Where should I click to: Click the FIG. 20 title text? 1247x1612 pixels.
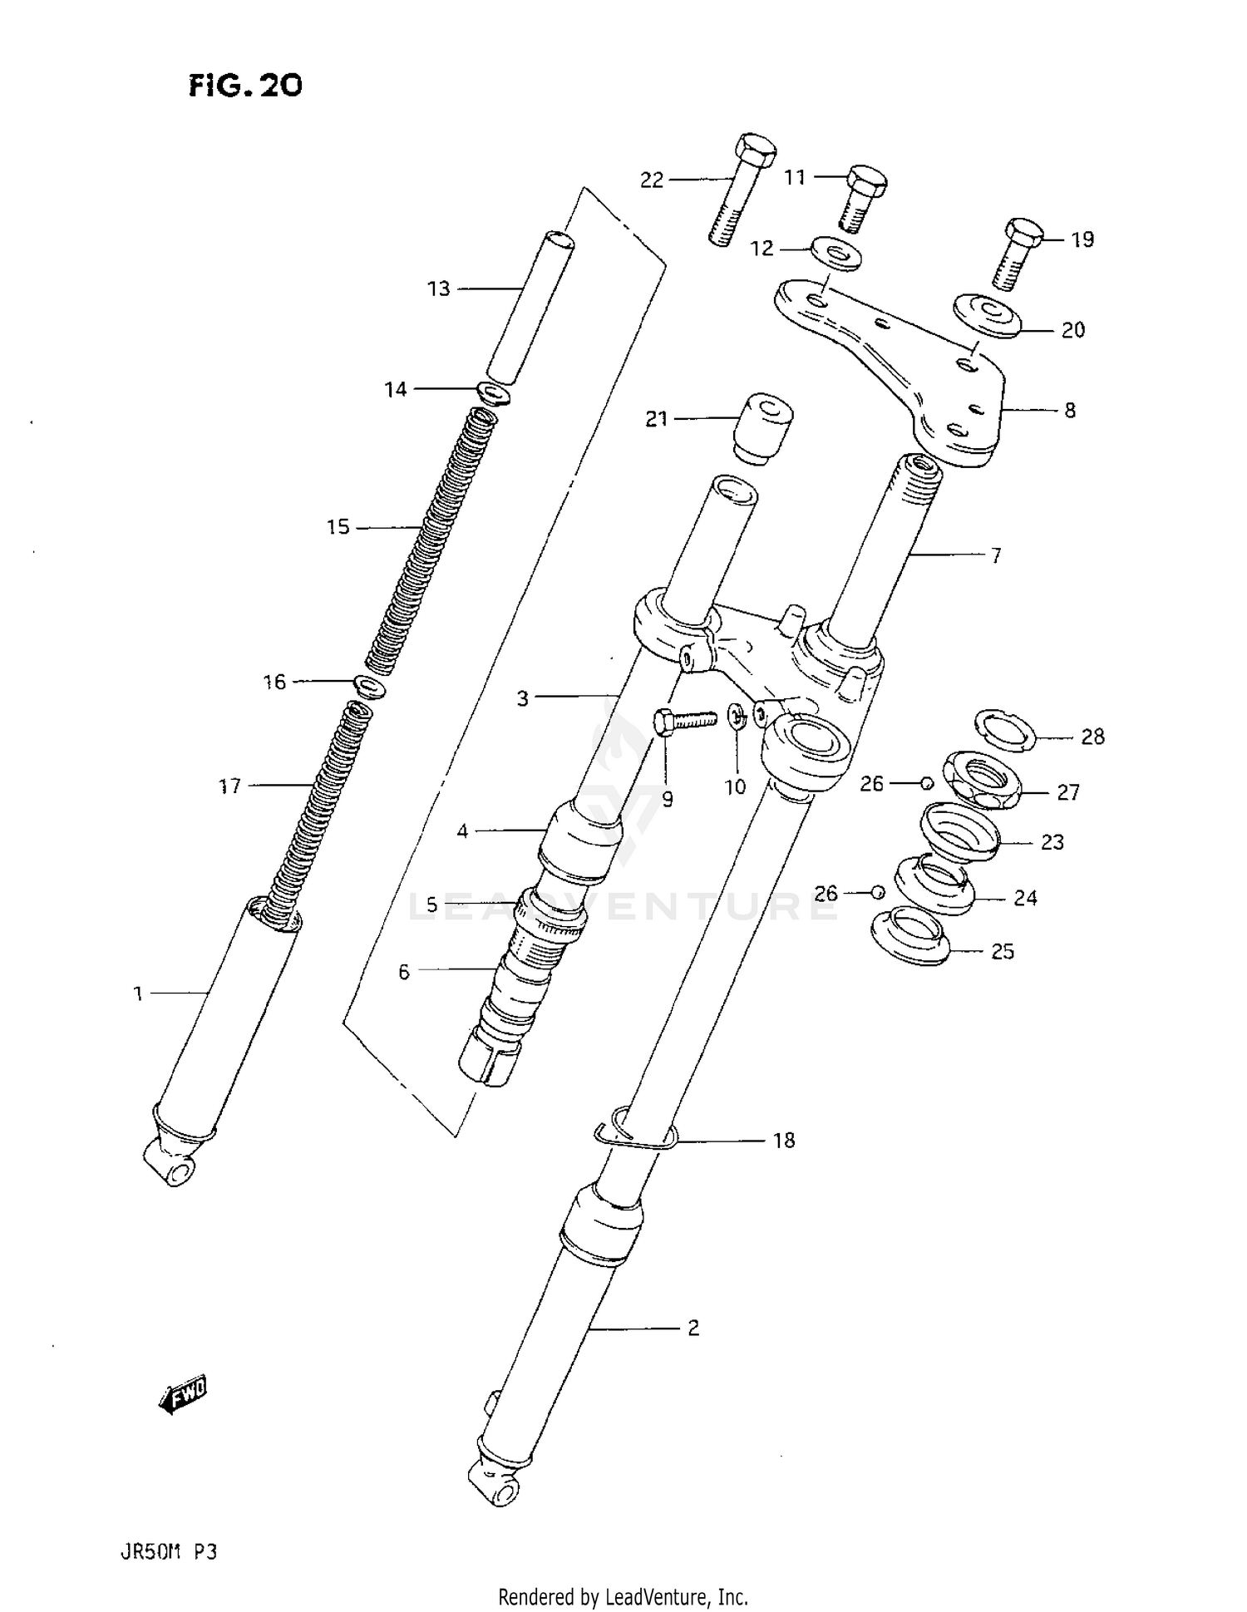245,85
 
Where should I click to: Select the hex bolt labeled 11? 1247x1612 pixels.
860,198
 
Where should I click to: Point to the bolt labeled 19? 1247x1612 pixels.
1018,253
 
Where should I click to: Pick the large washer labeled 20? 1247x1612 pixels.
987,315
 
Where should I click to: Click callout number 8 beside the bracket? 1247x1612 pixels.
1070,410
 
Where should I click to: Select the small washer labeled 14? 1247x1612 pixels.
494,392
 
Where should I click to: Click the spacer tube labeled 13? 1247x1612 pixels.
530,308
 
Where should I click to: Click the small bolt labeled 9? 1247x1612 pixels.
683,720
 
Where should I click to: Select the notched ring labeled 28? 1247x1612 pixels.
1003,729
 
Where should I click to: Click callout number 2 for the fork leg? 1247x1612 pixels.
693,1328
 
